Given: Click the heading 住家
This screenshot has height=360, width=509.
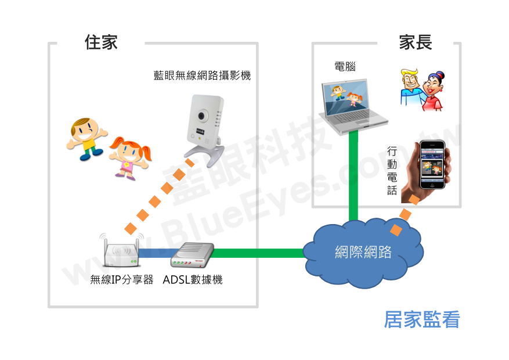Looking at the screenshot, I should [101, 42].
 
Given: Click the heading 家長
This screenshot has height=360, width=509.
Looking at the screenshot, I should [416, 42].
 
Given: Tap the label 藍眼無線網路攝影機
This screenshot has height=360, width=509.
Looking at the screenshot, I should [202, 75].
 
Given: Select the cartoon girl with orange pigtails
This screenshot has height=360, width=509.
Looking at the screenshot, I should [131, 157].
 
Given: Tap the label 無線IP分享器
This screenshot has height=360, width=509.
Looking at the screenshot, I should [122, 280].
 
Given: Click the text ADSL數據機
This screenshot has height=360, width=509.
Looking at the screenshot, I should [193, 280].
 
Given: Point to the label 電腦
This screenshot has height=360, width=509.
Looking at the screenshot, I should [345, 67].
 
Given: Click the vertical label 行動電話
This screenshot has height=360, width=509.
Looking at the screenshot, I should [392, 170].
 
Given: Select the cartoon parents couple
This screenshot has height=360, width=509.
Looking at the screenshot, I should [422, 89].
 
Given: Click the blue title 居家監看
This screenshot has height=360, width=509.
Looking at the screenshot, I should [421, 320].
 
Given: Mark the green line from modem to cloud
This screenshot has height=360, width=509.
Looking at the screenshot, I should [261, 253].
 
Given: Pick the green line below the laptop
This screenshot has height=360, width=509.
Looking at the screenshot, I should [352, 174].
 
